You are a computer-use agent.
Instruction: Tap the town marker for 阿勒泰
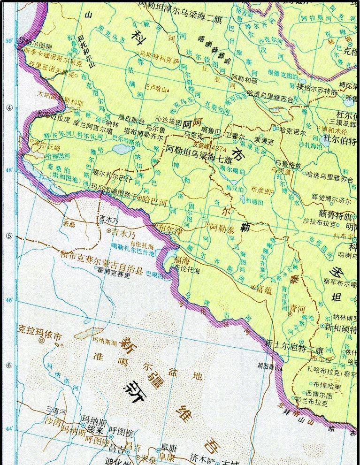(208, 226)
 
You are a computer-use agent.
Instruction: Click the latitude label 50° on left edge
(9, 41)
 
